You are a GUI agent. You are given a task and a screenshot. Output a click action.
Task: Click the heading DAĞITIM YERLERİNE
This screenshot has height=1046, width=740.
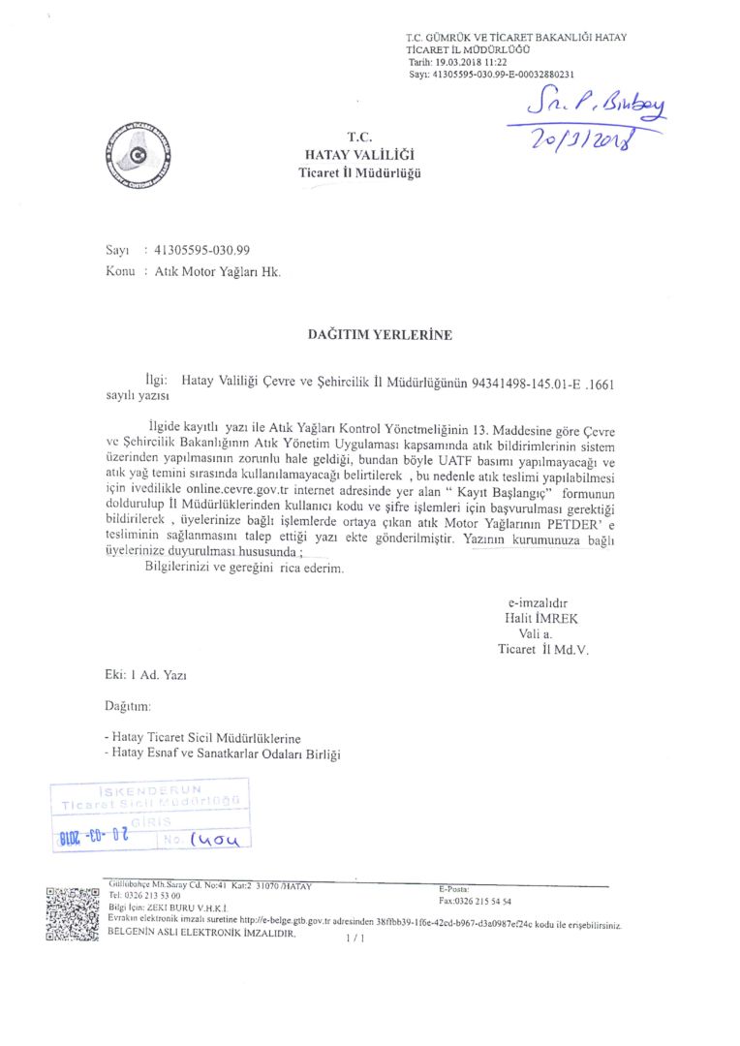coord(380,335)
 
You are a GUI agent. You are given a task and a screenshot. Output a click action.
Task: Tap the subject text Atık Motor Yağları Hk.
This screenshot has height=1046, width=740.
coord(218,272)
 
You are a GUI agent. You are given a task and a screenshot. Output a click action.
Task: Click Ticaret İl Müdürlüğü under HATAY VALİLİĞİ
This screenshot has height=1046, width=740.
coord(359,172)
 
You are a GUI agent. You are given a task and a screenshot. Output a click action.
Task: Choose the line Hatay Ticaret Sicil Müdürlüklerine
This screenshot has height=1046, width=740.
coord(206,737)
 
